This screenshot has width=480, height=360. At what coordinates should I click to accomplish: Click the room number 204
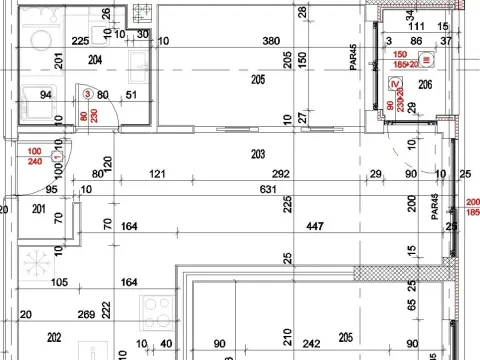pyautogui.click(x=95, y=60)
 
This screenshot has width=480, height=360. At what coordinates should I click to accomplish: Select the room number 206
pyautogui.click(x=425, y=86)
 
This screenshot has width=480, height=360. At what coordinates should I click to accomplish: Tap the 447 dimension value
pyautogui.click(x=314, y=227)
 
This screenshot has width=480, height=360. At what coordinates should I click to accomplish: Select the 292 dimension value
pyautogui.click(x=280, y=174)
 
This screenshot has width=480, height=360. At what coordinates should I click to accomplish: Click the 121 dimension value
pyautogui.click(x=157, y=174)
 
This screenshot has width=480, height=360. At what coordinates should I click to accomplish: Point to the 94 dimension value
pyautogui.click(x=45, y=96)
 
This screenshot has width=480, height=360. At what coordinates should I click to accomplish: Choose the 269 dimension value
pyautogui.click(x=86, y=314)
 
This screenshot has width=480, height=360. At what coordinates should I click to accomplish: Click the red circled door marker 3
pyautogui.click(x=88, y=95)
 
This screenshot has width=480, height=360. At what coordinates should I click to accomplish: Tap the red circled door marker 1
pyautogui.click(x=57, y=157)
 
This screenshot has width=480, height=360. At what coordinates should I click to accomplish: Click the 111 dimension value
pyautogui.click(x=416, y=27)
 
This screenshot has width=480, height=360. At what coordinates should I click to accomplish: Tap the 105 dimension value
pyautogui.click(x=59, y=283)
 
